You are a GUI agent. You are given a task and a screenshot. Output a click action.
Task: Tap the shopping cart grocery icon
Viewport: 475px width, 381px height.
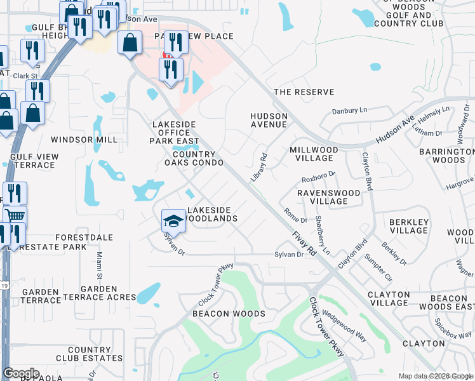click(14, 216)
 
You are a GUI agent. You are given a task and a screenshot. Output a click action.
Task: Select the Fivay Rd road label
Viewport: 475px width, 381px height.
click(304, 243)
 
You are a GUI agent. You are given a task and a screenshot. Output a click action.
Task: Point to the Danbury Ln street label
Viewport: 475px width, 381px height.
click(350, 110)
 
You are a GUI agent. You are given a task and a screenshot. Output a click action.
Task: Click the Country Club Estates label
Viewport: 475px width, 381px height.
click(95, 354)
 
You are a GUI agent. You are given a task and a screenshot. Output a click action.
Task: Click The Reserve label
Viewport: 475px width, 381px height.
click(304, 92)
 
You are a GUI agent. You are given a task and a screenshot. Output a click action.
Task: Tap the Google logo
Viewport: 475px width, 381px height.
click(21, 373)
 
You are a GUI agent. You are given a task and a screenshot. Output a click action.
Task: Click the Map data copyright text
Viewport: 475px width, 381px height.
click(436, 376)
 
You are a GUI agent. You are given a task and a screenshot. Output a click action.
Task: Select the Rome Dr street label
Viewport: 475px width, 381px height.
click(295, 216)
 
